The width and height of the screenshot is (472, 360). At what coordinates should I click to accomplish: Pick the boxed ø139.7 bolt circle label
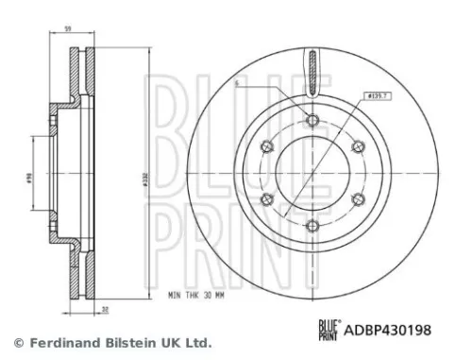click(x=379, y=94)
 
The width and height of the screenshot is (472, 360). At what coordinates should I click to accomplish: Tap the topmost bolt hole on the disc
click(x=312, y=119)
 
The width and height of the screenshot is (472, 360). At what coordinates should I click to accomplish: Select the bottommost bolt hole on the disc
click(x=312, y=225)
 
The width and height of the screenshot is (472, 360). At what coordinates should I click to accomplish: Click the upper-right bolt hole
click(x=358, y=146)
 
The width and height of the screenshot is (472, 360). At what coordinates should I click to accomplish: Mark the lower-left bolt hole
click(x=266, y=198)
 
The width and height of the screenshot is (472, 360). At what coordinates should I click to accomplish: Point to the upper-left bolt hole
click(x=266, y=146)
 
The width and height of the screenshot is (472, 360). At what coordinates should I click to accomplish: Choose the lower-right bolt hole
click(x=358, y=198)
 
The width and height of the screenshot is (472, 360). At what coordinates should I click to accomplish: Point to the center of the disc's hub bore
click(x=312, y=172)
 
